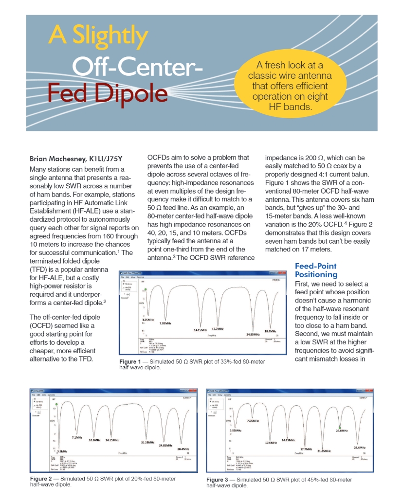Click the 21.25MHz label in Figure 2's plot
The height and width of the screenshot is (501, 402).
148,442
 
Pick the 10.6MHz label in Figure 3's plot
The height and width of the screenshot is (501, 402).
271,442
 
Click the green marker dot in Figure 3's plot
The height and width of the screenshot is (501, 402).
340,427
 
